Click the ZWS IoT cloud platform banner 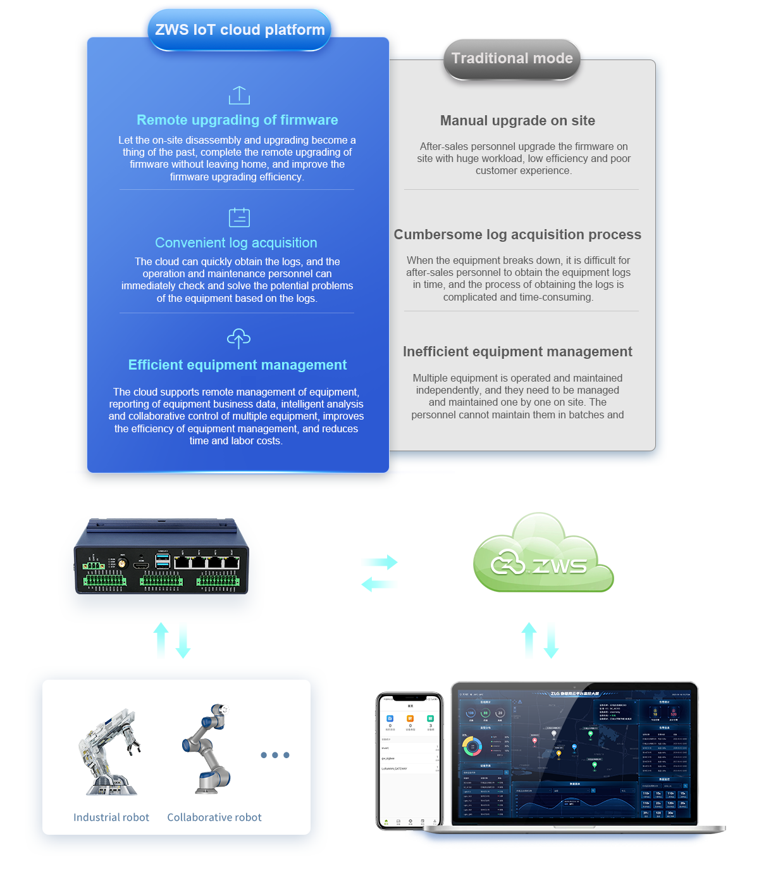(240, 30)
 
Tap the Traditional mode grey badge (512, 59)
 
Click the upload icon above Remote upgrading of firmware (239, 95)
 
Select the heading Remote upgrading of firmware (237, 120)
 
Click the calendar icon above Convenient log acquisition (239, 217)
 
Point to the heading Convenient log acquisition (236, 243)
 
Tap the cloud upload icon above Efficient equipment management (238, 339)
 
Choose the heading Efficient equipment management (237, 365)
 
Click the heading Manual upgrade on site (517, 121)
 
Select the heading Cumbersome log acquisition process (517, 235)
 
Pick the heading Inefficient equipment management (517, 352)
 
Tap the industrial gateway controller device (162, 558)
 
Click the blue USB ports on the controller (163, 560)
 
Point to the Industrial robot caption (111, 818)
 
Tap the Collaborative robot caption (214, 818)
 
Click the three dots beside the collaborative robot (275, 755)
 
